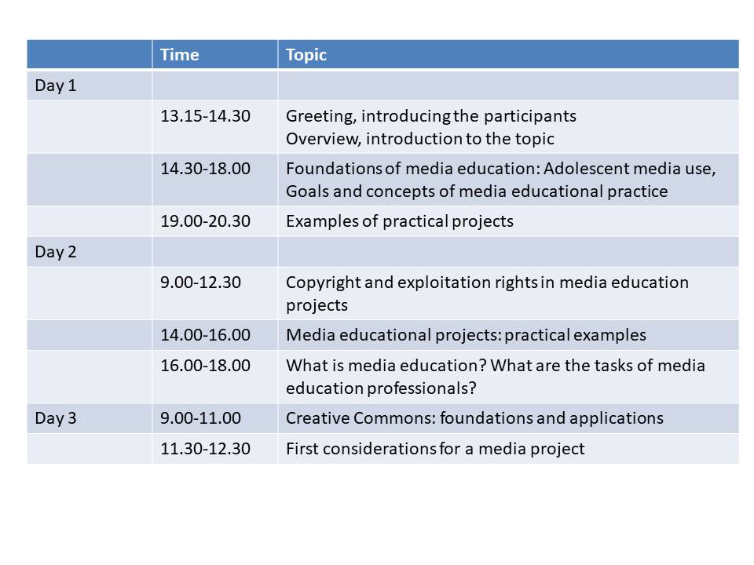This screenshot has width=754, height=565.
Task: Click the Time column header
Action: (x=179, y=55)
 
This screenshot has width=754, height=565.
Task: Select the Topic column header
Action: (x=306, y=55)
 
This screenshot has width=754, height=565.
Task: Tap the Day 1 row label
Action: (x=56, y=86)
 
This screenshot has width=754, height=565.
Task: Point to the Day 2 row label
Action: (x=56, y=252)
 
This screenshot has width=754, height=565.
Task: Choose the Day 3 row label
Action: (x=56, y=418)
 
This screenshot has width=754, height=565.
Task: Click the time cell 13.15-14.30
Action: (x=205, y=116)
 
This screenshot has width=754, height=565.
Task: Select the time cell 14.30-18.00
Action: (x=205, y=169)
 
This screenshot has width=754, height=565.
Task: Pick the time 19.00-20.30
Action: (x=205, y=221)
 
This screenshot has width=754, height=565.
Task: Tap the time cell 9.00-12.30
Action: (x=200, y=282)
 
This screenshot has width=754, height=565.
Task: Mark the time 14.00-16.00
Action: (x=205, y=335)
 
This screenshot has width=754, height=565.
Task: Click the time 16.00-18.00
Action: (x=205, y=366)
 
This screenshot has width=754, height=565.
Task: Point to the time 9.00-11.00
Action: (x=200, y=418)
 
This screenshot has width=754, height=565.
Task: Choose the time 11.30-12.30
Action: (x=205, y=449)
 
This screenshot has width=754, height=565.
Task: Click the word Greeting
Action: (x=321, y=117)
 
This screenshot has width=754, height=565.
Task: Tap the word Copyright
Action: (x=323, y=283)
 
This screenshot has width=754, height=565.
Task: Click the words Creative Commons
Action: (x=363, y=418)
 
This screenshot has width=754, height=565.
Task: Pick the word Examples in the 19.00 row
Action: (x=322, y=222)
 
